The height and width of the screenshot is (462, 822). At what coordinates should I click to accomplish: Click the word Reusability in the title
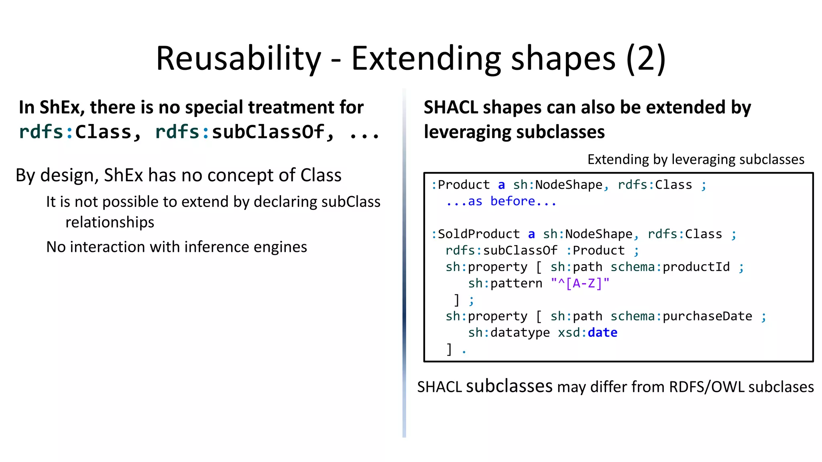tap(238, 59)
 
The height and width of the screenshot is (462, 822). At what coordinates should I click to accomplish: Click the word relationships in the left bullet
tap(110, 222)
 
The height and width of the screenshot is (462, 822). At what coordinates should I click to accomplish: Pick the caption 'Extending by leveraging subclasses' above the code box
tap(696, 160)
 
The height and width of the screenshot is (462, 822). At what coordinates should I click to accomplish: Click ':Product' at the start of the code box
tap(460, 185)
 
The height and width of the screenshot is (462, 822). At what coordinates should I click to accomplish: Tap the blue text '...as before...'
tap(501, 201)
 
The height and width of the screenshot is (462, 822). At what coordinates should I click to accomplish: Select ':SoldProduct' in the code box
tap(475, 234)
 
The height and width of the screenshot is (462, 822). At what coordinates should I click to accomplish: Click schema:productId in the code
tap(670, 267)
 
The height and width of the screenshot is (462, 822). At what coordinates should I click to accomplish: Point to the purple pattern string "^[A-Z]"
tap(580, 284)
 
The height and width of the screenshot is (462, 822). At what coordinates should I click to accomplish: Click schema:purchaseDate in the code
tap(681, 316)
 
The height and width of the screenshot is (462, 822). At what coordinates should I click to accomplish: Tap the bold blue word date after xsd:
tap(602, 333)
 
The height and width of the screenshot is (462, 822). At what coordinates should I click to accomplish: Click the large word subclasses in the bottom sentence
tap(509, 386)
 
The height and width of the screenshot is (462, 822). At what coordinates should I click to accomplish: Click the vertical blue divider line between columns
tap(404, 281)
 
